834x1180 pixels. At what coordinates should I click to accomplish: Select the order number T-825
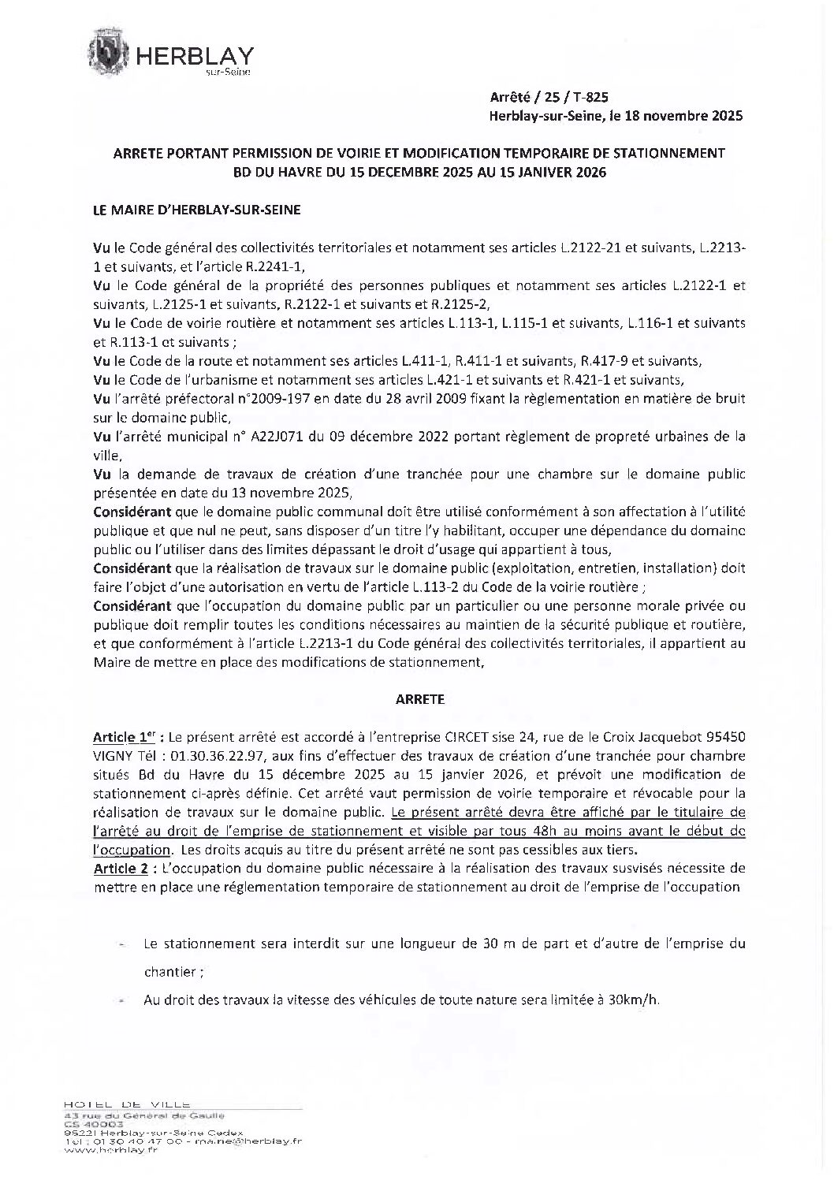tap(589, 98)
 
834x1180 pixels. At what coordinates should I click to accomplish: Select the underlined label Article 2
tap(121, 868)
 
